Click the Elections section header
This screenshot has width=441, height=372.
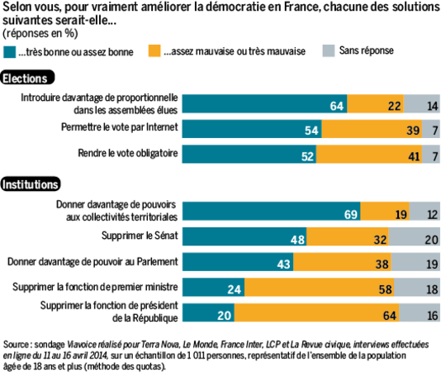click(x=27, y=78)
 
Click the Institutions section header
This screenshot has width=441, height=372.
click(x=31, y=184)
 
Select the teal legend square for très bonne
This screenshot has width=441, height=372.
click(x=9, y=51)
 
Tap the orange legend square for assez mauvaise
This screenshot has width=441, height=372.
click(x=155, y=51)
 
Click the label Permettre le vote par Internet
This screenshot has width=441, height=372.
click(x=120, y=129)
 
